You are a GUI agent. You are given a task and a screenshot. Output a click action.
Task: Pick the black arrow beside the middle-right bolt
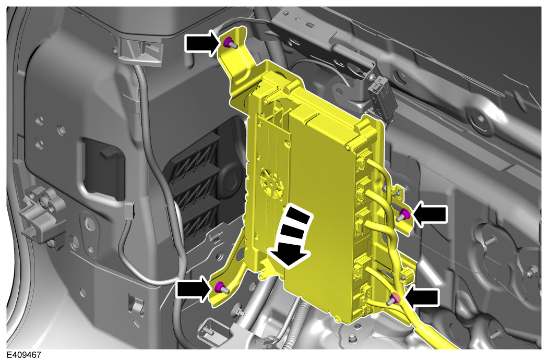pyautogui.click(x=430, y=214)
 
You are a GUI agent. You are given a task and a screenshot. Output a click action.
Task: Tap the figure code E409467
pyautogui.click(x=24, y=355)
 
